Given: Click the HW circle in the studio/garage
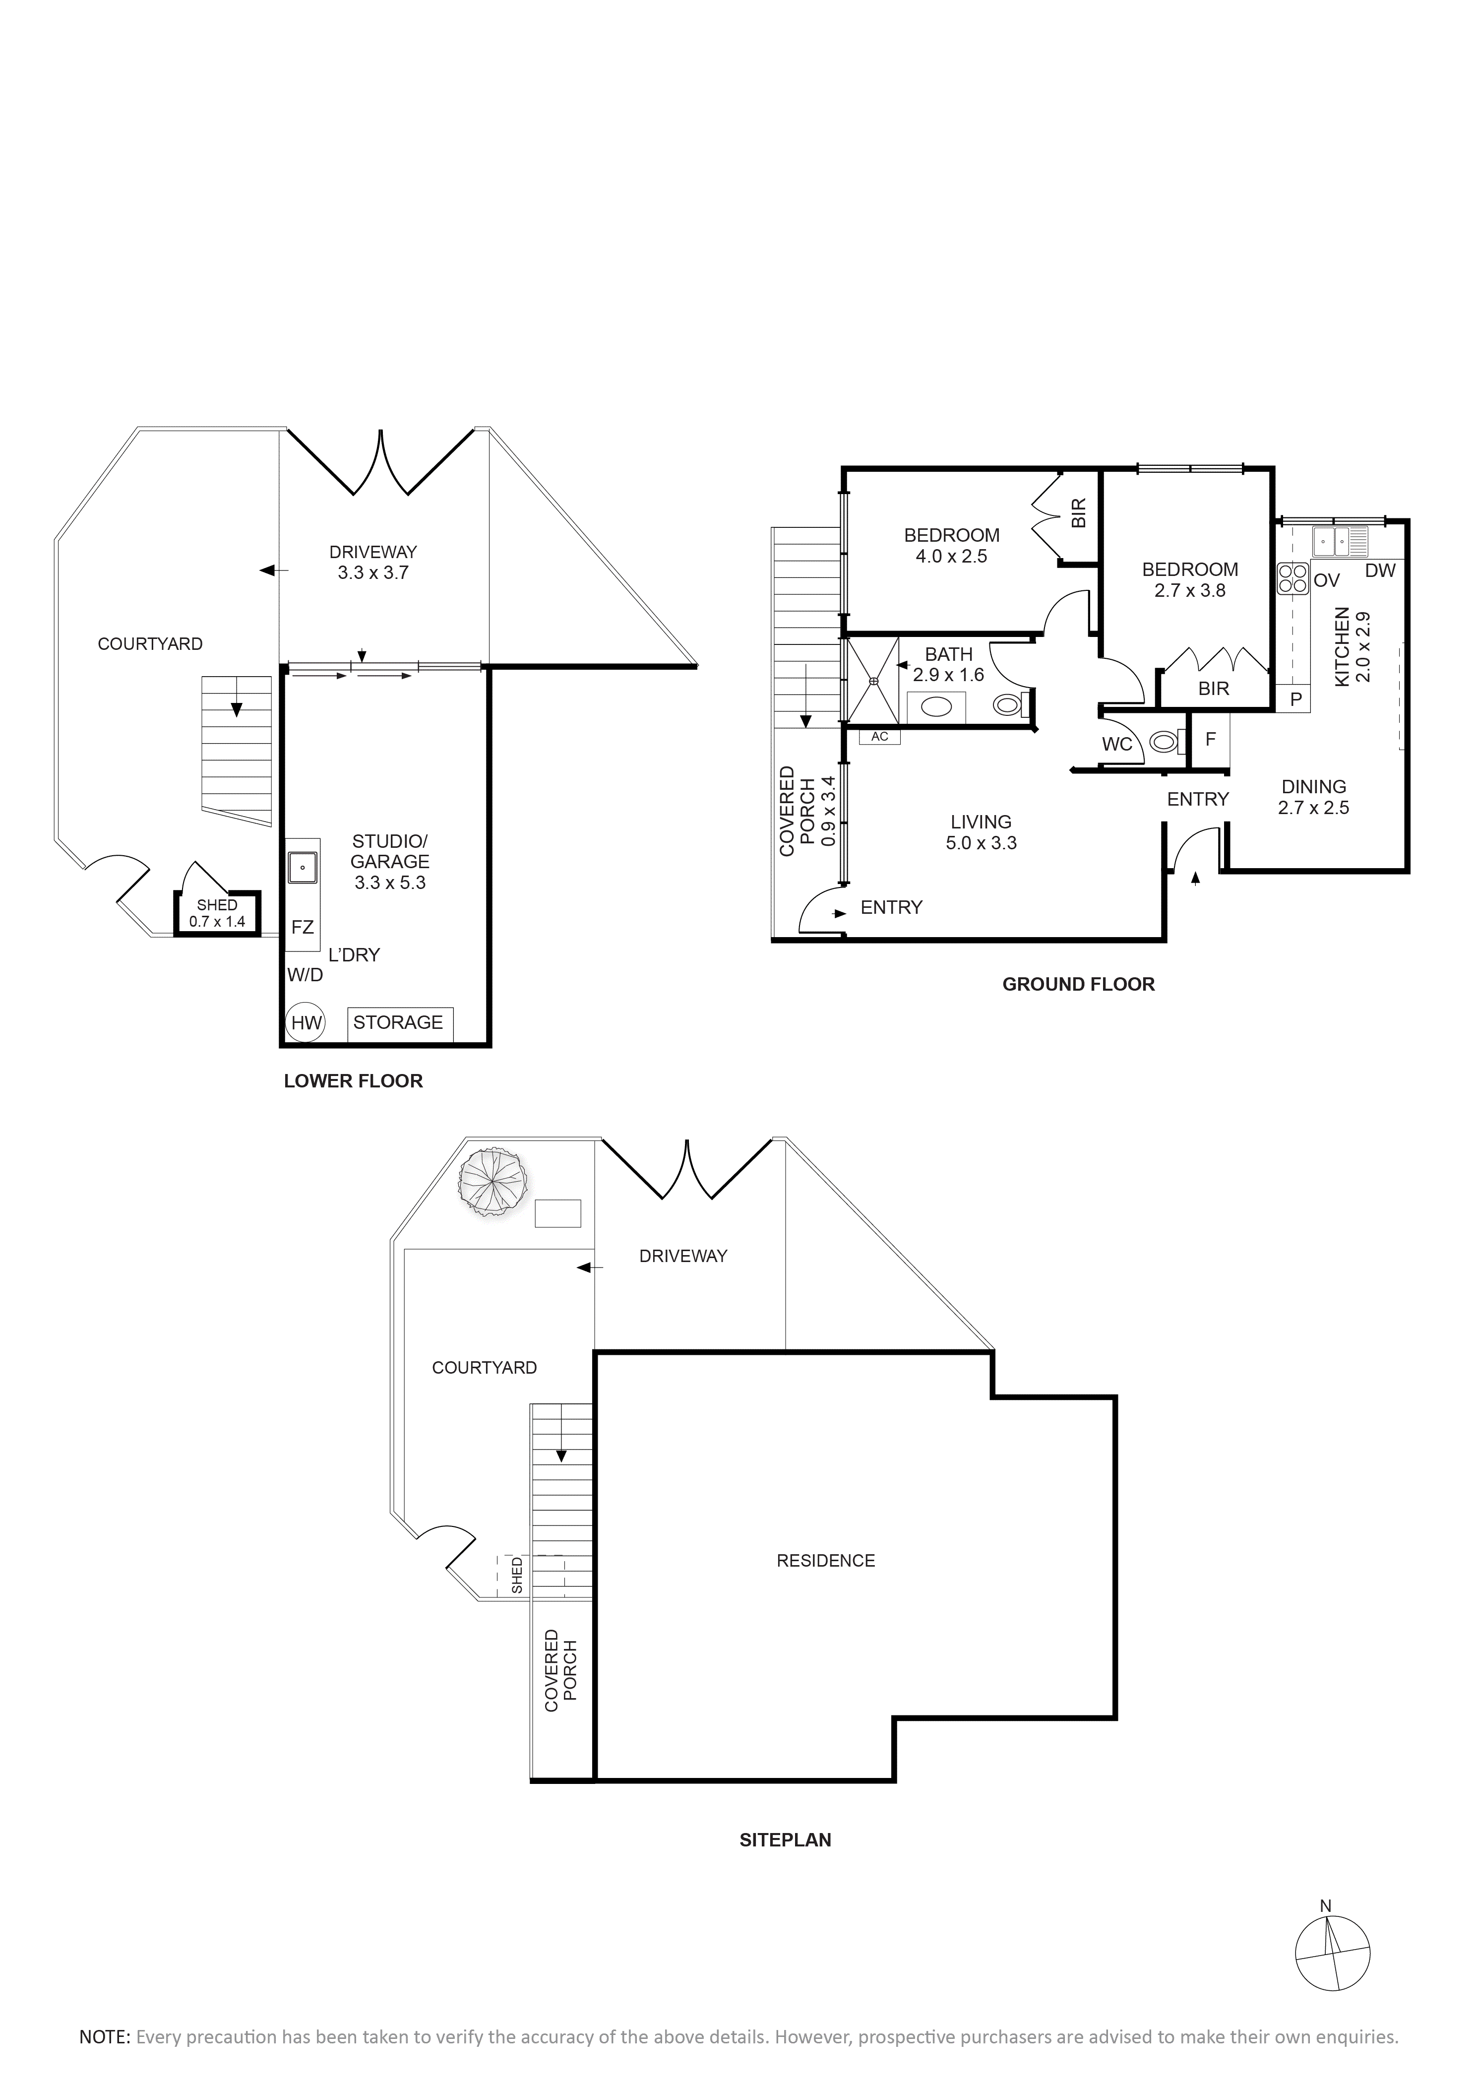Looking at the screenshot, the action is [306, 1023].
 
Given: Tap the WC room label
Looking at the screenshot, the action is [1117, 744].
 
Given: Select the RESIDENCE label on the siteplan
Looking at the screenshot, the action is [825, 1560].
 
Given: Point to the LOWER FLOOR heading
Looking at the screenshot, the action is [353, 1081].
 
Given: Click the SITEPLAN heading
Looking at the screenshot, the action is [785, 1839].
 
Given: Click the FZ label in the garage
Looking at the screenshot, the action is [303, 927].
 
